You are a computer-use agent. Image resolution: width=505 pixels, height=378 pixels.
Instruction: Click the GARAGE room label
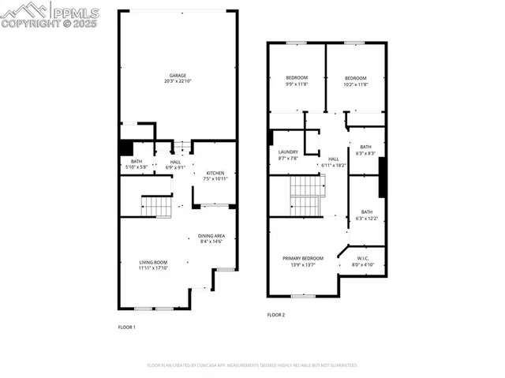click(177, 76)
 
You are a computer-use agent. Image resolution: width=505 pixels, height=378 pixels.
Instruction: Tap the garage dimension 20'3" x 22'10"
click(177, 81)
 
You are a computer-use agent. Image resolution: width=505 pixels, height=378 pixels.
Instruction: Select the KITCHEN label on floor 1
click(215, 173)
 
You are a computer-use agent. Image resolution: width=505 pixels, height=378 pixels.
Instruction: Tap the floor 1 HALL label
click(176, 162)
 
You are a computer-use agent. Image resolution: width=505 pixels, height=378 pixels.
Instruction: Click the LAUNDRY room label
click(288, 152)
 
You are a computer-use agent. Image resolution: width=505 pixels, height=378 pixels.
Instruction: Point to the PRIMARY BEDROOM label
click(303, 258)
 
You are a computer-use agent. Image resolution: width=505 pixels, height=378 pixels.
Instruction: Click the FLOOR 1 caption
click(127, 327)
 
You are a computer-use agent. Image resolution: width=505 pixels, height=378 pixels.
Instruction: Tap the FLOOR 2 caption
click(275, 315)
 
